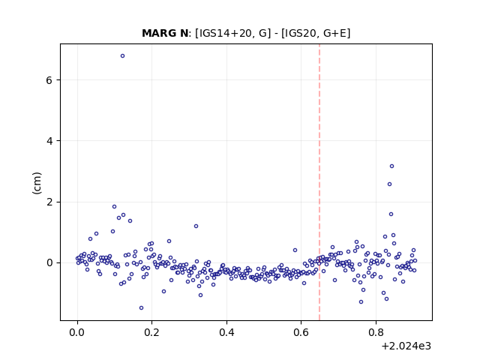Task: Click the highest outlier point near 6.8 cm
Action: pos(122,55)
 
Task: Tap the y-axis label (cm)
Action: pos(37,183)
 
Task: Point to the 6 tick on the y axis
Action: pos(49,80)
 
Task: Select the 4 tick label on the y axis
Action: pos(49,141)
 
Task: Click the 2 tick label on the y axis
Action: pos(49,202)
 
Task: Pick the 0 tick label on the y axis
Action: pos(49,262)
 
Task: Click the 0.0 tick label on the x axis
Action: pos(77,332)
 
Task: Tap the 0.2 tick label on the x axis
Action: pos(152,332)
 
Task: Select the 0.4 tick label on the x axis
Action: pos(226,332)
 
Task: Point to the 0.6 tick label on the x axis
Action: pos(301,332)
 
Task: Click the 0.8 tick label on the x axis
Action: pos(376,332)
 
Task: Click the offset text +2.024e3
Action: pos(406,346)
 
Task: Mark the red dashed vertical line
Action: pos(319,182)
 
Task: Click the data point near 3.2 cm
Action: pos(391,166)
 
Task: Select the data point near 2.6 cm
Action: pos(389,184)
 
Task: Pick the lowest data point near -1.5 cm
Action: pos(141,307)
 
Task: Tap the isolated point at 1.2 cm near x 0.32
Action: pos(196,226)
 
